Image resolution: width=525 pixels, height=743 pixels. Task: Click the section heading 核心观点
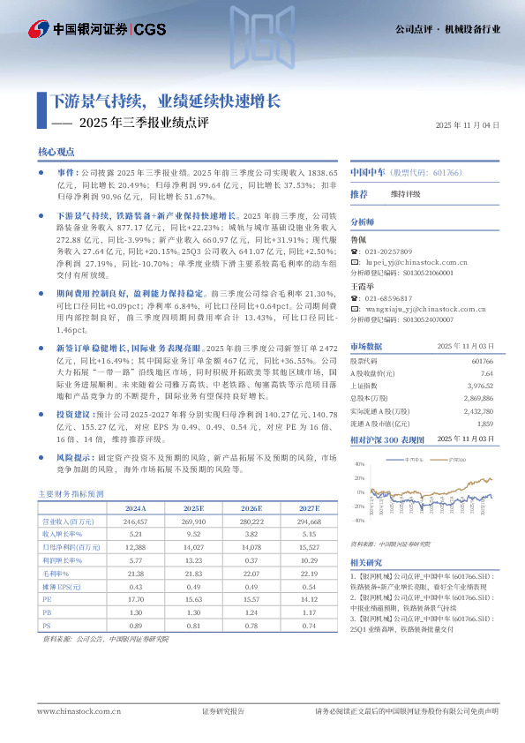point(56,152)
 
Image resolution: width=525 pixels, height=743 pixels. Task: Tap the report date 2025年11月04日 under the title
point(468,125)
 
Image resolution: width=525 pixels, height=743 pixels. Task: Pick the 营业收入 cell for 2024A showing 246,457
point(135,522)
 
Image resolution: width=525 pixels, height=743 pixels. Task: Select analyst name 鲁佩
point(360,239)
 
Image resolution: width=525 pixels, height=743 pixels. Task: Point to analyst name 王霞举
point(364,286)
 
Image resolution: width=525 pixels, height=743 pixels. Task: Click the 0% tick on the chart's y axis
point(358,492)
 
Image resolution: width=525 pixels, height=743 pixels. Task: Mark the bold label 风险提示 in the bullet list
point(75,459)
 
